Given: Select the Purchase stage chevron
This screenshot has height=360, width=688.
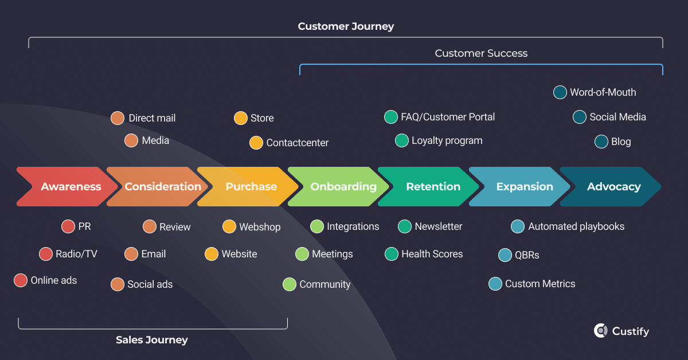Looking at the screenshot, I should tap(251, 187).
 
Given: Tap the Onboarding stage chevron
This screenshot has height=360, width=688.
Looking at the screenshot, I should tap(343, 187).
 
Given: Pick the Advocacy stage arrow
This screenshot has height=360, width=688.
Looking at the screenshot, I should tap(613, 187).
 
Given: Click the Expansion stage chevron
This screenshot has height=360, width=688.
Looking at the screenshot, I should tap(524, 187).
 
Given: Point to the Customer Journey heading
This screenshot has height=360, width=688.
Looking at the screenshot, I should tap(346, 27).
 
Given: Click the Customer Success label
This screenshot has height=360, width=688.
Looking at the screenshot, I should tap(481, 53).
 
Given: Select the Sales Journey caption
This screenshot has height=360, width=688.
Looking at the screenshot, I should tap(152, 340).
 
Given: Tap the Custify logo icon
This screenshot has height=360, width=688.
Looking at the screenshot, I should tap(600, 331).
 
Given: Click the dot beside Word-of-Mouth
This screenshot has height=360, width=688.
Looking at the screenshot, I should tap(560, 92).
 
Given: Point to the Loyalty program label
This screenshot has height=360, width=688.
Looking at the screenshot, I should tap(447, 140).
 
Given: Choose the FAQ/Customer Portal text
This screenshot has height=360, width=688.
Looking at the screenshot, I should tap(448, 117).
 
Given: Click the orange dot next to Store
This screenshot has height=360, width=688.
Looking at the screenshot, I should tap(241, 118).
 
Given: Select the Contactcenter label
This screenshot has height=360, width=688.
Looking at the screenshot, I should tap(297, 143).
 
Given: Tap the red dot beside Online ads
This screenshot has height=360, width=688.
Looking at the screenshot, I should tap(21, 280).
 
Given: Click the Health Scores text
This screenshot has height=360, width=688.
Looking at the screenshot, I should tap(432, 254).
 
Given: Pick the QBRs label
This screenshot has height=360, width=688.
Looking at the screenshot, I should tap(526, 255).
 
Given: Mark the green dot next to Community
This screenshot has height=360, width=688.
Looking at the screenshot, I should tap(290, 284).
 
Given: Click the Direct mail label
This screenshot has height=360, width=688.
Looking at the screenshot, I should tap(152, 118).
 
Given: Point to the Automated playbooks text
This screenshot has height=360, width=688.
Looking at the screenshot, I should tap(576, 226).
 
